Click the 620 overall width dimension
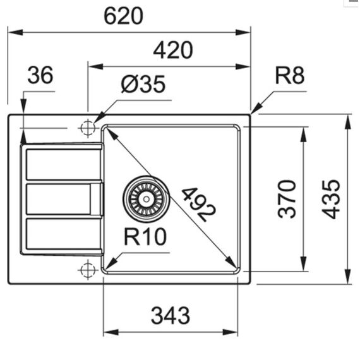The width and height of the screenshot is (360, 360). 123,16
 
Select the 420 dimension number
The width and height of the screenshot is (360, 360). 173,50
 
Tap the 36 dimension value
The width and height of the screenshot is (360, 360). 40,75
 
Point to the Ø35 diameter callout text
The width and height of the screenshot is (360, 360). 143,84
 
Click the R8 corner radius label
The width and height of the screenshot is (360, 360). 290,76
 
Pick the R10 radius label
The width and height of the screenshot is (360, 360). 145,237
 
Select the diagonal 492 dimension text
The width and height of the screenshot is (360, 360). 198,205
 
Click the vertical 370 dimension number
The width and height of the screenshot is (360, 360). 287,199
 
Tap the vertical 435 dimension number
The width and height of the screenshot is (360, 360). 330,199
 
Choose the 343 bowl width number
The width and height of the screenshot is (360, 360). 171,315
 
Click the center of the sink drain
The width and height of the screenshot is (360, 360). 147,199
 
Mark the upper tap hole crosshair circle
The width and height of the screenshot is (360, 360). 88,128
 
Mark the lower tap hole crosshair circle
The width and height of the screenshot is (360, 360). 88,270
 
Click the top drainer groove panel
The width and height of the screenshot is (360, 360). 64,164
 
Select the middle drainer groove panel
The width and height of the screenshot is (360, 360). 58,199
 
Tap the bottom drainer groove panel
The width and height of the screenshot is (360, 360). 64,234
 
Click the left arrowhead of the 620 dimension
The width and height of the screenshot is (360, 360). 15,32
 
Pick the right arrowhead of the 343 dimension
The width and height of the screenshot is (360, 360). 231,332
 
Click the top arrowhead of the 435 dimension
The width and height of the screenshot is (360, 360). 349,121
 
